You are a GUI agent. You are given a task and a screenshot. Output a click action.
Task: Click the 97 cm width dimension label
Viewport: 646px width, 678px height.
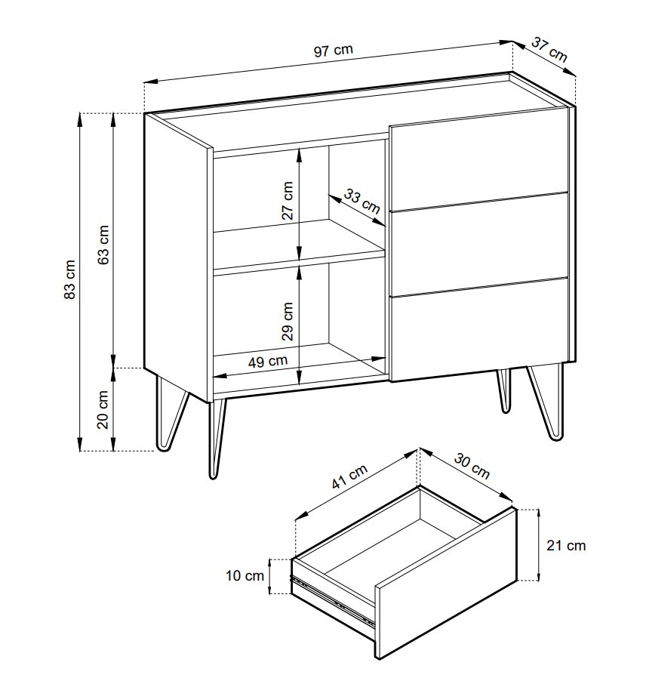(x=333, y=50)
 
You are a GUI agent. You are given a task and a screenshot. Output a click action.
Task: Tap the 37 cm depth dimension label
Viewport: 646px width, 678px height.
(x=549, y=49)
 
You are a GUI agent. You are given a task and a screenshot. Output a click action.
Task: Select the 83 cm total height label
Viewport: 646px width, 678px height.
(x=69, y=279)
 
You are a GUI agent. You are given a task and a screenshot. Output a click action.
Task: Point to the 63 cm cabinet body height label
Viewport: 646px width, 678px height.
(x=103, y=245)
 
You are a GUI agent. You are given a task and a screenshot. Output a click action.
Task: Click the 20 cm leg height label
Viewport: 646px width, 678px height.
(x=103, y=409)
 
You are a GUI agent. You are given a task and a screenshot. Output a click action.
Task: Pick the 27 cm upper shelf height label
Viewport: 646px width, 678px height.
(x=288, y=201)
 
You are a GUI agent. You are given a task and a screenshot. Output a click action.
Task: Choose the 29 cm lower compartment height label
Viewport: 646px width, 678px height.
(x=288, y=322)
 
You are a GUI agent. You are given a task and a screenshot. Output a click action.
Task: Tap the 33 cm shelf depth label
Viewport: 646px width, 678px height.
(x=361, y=201)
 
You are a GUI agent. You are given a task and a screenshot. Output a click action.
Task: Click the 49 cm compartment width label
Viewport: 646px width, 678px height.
(x=268, y=361)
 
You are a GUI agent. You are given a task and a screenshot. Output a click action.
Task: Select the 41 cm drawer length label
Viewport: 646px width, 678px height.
(x=349, y=476)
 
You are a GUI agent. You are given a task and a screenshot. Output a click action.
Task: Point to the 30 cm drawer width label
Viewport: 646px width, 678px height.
(x=472, y=466)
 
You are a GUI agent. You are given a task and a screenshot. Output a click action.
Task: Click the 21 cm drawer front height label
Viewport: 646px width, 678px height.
(x=566, y=545)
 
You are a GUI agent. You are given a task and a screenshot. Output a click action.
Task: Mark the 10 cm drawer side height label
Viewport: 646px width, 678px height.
(x=245, y=575)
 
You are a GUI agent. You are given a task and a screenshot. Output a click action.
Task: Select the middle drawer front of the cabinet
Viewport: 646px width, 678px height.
(x=479, y=244)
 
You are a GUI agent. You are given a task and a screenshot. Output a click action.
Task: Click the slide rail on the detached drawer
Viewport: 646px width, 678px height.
(x=333, y=600)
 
